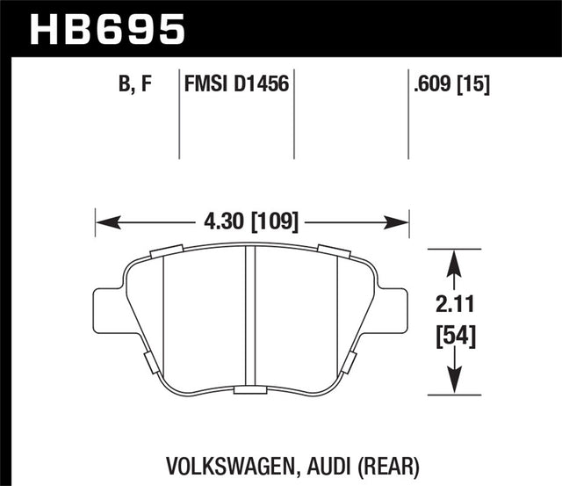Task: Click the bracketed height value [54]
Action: (454, 336)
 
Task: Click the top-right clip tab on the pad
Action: (334, 251)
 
